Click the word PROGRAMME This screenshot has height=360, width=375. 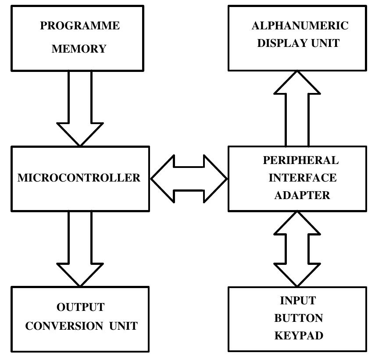point(80,26)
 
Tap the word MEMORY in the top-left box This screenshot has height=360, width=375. point(79,49)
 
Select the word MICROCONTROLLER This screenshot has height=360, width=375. point(79,178)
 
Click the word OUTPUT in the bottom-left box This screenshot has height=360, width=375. point(81,307)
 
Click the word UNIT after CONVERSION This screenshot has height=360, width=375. point(123,326)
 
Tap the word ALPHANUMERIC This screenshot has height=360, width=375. point(300,26)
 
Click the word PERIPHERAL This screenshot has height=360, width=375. point(301,160)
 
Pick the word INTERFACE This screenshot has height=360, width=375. point(303,178)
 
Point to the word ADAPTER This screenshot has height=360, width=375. point(302,196)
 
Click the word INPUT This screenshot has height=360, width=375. point(298,301)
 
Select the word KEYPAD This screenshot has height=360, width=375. point(299,336)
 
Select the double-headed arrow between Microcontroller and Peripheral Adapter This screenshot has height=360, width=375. point(189,178)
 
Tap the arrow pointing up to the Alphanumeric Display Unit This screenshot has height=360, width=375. point(297,110)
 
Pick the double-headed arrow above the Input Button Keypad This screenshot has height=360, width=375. point(297,249)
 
